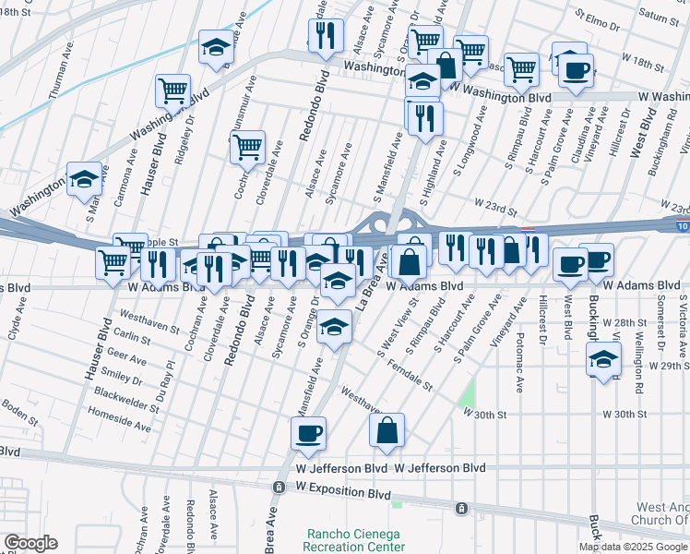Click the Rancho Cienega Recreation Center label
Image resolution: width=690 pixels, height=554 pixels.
point(356,540)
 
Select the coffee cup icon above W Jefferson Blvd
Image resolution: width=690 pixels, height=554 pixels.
point(309,432)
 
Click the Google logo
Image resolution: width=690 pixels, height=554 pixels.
point(30,543)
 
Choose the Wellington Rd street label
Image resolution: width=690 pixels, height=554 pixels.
point(638,352)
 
